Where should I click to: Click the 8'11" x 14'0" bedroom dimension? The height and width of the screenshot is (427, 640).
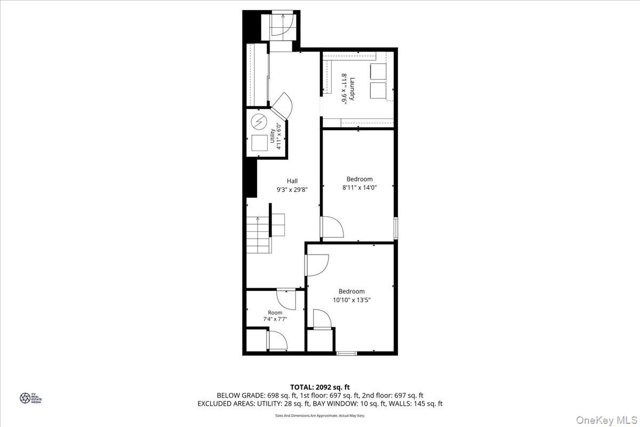pos(359,187)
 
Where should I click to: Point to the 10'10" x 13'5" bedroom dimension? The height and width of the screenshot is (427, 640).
pos(352,300)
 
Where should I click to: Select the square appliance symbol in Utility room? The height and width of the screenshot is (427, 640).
pos(259,144)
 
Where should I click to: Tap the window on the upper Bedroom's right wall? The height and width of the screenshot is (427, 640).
pos(395,227)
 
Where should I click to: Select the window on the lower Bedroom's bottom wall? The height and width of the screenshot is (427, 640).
pos(347,352)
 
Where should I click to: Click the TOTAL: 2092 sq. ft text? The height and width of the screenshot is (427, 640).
pos(320,387)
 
